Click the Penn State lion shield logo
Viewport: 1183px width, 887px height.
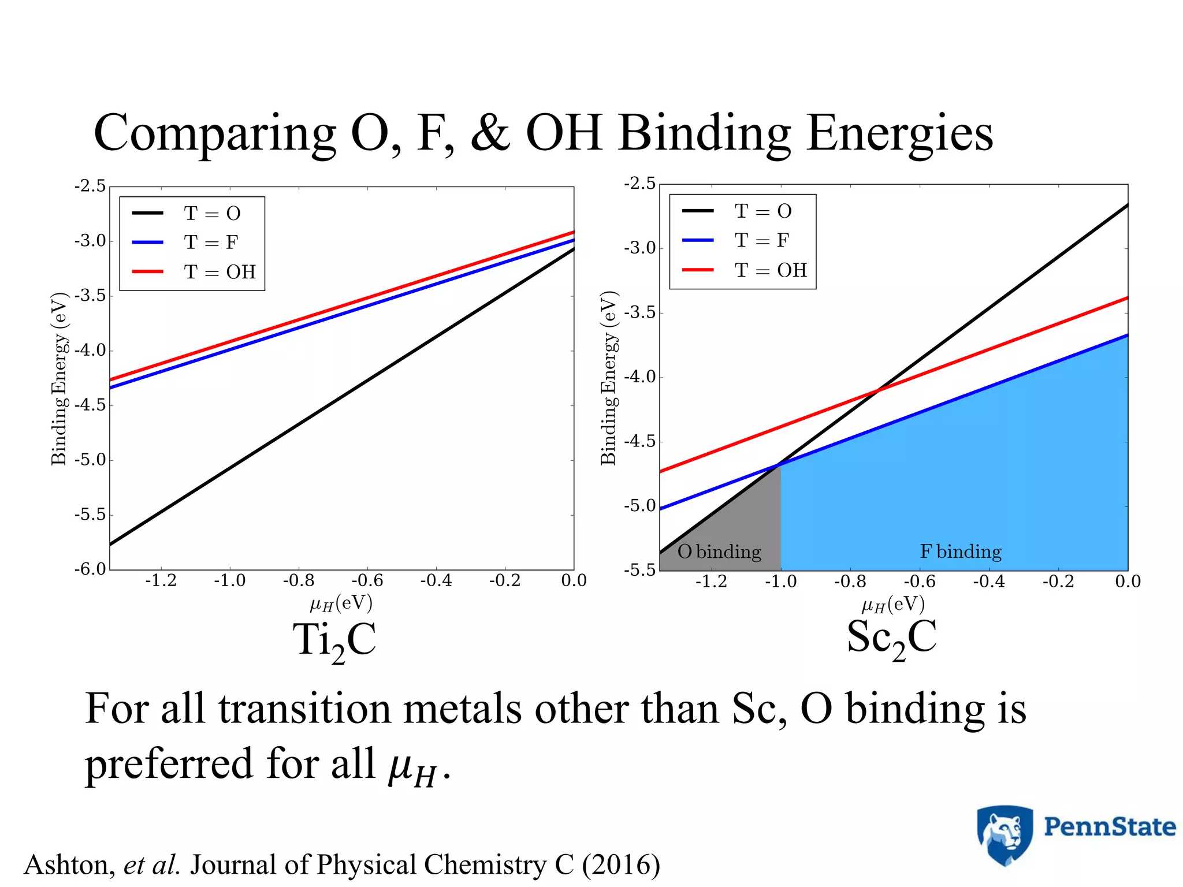(x=1005, y=834)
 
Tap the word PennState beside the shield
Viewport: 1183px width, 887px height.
(x=1109, y=827)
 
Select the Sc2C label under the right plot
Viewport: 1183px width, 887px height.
(x=891, y=639)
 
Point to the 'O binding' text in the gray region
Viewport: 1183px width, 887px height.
(x=719, y=551)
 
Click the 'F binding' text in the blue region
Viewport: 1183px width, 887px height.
(x=961, y=551)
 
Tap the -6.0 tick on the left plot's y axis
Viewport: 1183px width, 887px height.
(x=90, y=569)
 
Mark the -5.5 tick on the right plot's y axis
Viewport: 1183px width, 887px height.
(x=640, y=570)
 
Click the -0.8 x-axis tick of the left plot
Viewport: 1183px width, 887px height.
(x=298, y=580)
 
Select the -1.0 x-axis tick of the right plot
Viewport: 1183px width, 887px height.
(x=780, y=582)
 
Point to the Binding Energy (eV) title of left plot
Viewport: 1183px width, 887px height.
(x=59, y=379)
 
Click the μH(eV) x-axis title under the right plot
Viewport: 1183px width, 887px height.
(x=893, y=605)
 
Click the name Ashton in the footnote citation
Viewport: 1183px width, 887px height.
(x=69, y=864)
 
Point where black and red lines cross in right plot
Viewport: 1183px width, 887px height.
(x=877, y=391)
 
